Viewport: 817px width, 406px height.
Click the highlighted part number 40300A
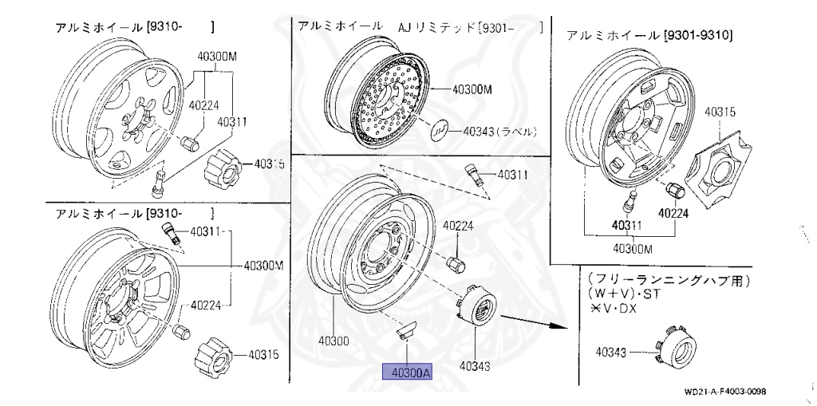[x=407, y=372]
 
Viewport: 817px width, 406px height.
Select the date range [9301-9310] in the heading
[x=699, y=36]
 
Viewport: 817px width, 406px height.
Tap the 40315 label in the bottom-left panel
[x=262, y=355]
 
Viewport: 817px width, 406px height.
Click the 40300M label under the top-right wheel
[x=632, y=248]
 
